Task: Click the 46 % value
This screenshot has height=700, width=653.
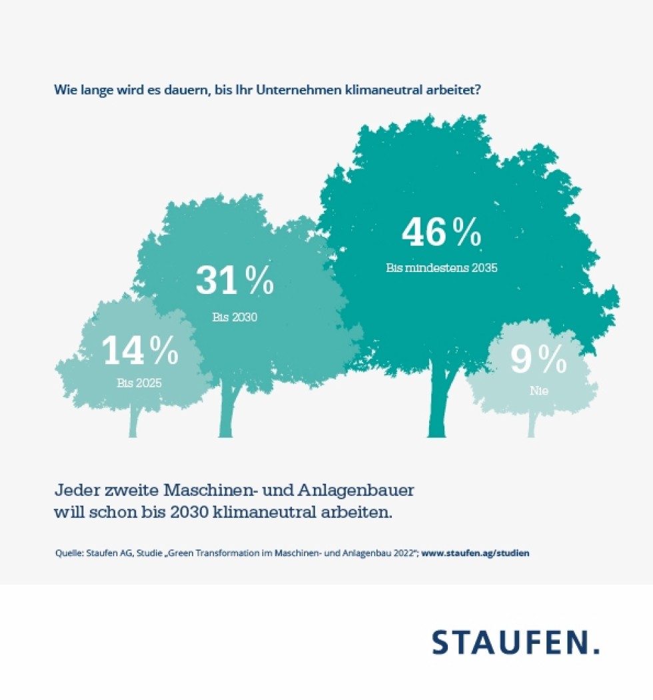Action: click(441, 233)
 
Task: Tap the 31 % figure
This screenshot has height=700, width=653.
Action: click(235, 281)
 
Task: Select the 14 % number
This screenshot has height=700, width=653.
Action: click(140, 351)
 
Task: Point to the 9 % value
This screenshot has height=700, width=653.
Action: click(538, 360)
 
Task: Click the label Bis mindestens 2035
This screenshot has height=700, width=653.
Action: click(442, 268)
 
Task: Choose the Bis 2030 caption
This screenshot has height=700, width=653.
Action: click(235, 317)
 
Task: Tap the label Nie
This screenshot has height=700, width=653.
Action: click(538, 391)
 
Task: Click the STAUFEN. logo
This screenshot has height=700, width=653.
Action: click(515, 642)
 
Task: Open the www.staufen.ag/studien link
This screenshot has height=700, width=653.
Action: click(476, 553)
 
